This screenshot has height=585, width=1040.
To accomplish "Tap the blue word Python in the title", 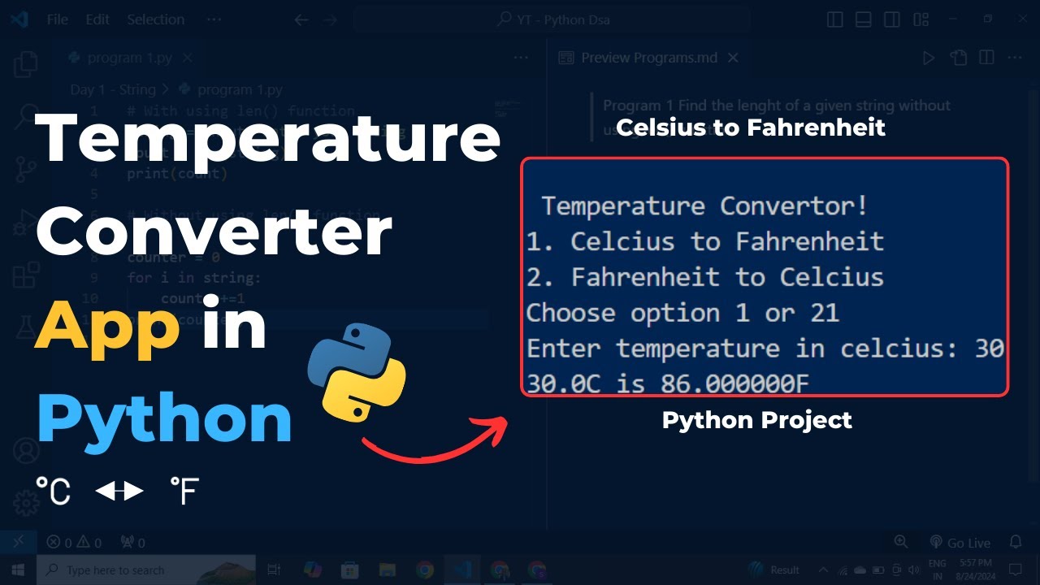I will point(164,419).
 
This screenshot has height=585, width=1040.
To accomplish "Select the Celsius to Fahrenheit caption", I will point(751,128).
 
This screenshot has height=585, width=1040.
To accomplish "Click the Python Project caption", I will point(756,420).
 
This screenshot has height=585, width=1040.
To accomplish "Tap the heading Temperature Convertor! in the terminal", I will point(704,206).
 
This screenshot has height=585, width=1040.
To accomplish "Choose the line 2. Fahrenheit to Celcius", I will point(704,277).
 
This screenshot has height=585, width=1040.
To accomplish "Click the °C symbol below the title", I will point(53,492).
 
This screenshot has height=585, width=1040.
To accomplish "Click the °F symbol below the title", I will point(184,492).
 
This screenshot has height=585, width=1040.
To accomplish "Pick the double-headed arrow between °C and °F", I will point(119,491).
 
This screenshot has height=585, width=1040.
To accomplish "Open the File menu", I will point(57,19).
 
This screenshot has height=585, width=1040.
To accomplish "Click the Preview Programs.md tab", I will point(648,58).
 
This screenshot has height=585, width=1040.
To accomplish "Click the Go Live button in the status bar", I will point(960,543).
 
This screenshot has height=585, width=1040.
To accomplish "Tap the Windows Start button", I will point(18,570).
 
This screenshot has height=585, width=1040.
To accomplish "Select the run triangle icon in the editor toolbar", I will point(928,58).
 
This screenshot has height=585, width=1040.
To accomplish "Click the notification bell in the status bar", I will point(1016,542).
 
